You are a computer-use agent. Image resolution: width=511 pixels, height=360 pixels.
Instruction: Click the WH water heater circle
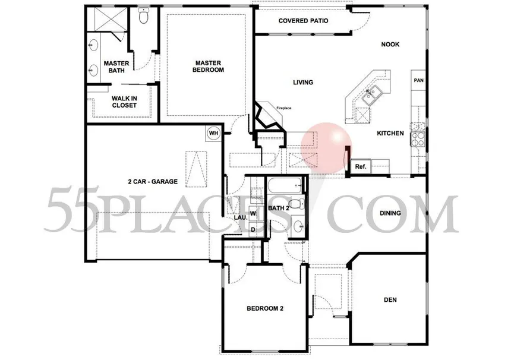[213, 133]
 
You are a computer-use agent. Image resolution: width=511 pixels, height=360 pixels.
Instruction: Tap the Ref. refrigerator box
[361, 166]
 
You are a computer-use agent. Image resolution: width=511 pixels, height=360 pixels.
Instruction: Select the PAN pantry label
[418, 80]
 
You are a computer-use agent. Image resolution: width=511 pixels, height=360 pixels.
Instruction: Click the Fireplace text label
[284, 108]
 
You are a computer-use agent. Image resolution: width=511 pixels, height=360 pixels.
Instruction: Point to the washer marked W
[253, 214]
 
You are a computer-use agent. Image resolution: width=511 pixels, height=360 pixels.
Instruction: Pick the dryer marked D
[253, 229]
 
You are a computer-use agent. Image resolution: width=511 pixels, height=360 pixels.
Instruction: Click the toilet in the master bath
[143, 15]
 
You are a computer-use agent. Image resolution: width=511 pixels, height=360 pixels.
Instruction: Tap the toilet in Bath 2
[296, 204]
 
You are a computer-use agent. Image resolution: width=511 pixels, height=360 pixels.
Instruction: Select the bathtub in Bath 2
[286, 187]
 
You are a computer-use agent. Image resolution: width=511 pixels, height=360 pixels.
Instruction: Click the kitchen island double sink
[371, 94]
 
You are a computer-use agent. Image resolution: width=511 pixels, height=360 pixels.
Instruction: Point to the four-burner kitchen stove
[418, 139]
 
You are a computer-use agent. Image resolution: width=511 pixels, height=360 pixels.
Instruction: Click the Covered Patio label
[303, 21]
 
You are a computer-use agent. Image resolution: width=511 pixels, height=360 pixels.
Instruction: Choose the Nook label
[390, 45]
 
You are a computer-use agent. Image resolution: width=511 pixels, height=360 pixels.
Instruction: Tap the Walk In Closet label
[124, 102]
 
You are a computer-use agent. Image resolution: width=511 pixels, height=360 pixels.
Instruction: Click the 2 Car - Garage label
[153, 181]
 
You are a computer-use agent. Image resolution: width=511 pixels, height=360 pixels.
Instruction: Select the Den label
[390, 300]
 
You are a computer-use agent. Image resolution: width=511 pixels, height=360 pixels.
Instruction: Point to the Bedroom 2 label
[265, 308]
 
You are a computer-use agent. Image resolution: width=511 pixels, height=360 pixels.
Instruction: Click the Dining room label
[390, 213]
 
